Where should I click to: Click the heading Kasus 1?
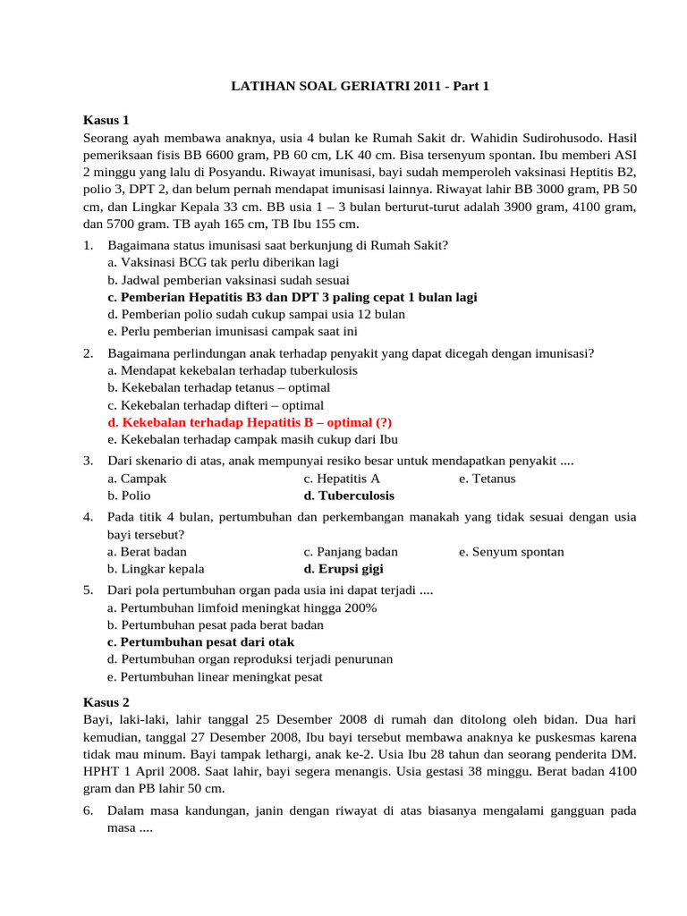tap(106, 120)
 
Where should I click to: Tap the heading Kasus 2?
tap(106, 702)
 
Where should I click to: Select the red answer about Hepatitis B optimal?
tap(249, 422)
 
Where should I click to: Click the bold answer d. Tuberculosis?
tap(349, 496)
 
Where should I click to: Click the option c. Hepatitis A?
tap(342, 479)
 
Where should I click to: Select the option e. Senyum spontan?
tap(511, 552)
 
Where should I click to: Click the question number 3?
tap(89, 461)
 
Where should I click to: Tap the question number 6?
tap(89, 810)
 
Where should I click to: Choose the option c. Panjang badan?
tap(351, 552)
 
